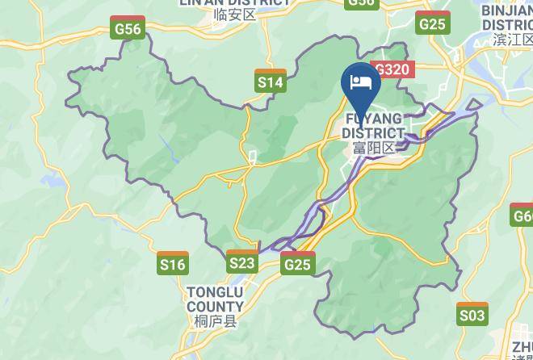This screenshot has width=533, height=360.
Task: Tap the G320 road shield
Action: click(x=392, y=69)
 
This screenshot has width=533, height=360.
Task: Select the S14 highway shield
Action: click(x=270, y=81)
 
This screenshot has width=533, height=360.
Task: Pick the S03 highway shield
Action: click(x=472, y=313)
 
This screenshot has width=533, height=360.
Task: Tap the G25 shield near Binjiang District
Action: click(x=432, y=23)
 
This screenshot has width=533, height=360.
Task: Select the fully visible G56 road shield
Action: click(x=128, y=28)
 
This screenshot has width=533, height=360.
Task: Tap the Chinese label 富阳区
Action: click(x=373, y=148)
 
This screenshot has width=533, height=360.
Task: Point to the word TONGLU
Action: click(x=215, y=292)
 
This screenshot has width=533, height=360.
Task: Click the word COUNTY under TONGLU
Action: click(x=215, y=307)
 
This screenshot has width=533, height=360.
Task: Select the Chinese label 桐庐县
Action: click(x=215, y=322)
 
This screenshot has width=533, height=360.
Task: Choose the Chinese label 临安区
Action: click(x=234, y=15)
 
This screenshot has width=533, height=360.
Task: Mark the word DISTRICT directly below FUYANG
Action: click(x=373, y=133)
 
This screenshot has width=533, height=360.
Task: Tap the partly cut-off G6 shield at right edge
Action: click(x=523, y=216)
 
